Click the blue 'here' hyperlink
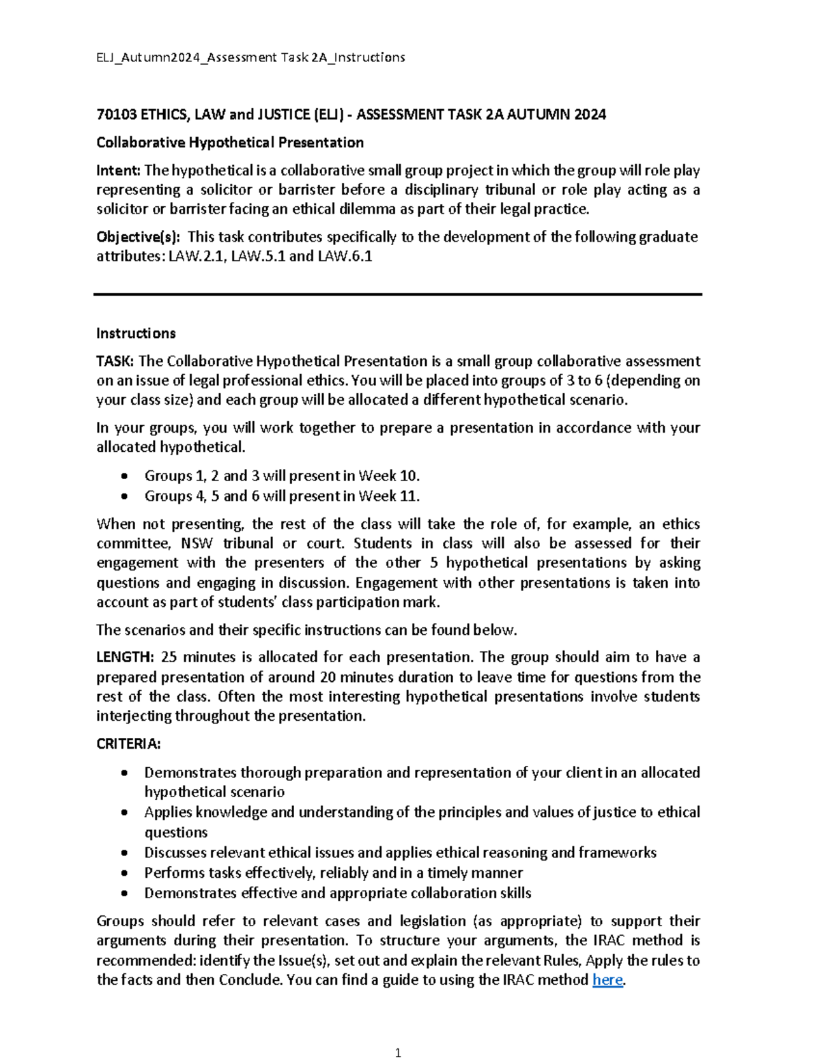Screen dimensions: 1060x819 (x=607, y=980)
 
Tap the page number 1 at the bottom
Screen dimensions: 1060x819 (x=398, y=1052)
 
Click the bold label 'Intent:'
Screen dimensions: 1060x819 (x=118, y=171)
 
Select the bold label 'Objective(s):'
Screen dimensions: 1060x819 (x=139, y=238)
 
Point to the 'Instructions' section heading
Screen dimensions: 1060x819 (x=136, y=333)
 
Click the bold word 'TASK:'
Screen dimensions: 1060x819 (x=115, y=361)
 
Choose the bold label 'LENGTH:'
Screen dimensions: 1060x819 (x=125, y=657)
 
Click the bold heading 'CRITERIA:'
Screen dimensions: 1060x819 (x=128, y=744)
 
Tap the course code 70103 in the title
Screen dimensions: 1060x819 (x=116, y=115)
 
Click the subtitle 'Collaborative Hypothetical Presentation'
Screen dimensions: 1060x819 (x=229, y=143)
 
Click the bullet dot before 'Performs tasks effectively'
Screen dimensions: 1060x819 (x=124, y=873)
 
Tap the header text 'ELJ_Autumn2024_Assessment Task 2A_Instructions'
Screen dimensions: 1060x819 (x=250, y=57)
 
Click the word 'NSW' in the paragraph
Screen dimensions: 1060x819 (x=197, y=544)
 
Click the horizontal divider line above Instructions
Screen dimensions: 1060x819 (x=398, y=294)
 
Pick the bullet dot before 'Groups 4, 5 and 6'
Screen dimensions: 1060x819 (x=124, y=496)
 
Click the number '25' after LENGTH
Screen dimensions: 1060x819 (x=169, y=657)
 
